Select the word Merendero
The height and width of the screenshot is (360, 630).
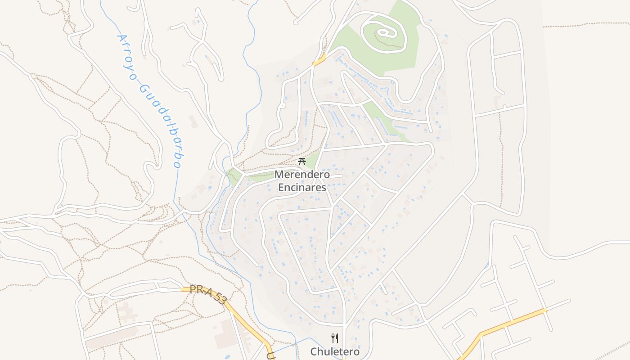(302, 175)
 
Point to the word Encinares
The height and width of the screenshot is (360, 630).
(302, 187)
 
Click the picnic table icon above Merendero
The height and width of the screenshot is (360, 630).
(302, 162)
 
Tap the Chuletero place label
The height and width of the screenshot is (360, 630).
(335, 351)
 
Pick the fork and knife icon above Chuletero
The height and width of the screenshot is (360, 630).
(335, 338)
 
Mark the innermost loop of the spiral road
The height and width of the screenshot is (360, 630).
(384, 32)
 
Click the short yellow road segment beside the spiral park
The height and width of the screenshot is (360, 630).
(319, 60)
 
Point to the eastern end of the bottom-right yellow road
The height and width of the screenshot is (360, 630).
(545, 310)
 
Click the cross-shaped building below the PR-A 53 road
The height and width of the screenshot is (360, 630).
(127, 311)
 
